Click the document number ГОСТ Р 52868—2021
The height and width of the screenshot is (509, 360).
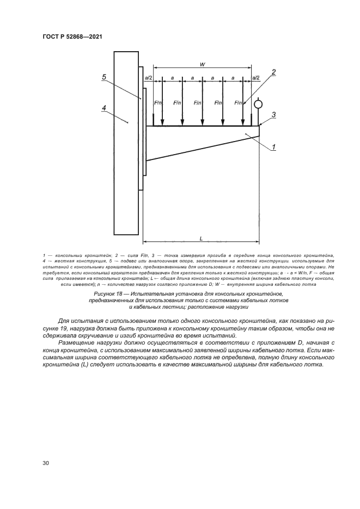[73, 37]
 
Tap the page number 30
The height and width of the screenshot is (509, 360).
[45, 463]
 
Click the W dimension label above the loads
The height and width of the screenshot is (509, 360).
[203, 64]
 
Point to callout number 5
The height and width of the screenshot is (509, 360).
[104, 77]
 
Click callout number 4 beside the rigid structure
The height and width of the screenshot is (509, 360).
[104, 108]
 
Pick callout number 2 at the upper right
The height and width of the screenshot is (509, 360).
[274, 72]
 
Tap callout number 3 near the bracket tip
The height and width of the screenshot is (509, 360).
[274, 114]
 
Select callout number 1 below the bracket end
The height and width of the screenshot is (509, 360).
[274, 146]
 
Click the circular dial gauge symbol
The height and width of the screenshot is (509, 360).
[259, 103]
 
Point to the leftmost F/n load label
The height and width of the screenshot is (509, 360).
[158, 102]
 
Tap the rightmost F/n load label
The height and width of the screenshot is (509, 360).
[238, 102]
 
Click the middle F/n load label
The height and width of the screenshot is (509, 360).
[198, 102]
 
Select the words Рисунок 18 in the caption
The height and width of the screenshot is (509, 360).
[111, 294]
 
